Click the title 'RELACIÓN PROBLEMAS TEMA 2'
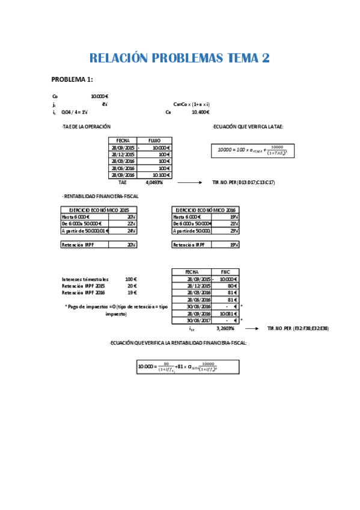click(179, 58)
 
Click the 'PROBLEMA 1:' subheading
click(72, 80)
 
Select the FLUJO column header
click(154, 140)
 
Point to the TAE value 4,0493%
click(154, 182)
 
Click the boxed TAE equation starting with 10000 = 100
click(252, 151)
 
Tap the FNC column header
click(225, 272)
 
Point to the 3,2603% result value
click(225, 328)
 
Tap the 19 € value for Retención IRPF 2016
click(133, 292)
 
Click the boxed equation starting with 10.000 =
click(188, 366)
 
